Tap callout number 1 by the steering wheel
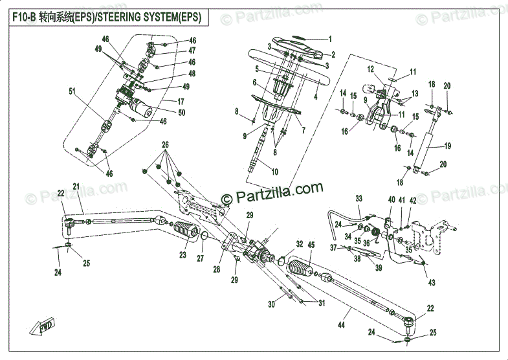click(329, 39)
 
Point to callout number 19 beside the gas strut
click(447, 146)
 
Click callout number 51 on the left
click(72, 91)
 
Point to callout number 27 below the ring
click(200, 258)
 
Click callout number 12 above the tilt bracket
click(371, 69)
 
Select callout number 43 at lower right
click(431, 283)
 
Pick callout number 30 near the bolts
click(271, 304)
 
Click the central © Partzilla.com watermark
click(272, 190)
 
